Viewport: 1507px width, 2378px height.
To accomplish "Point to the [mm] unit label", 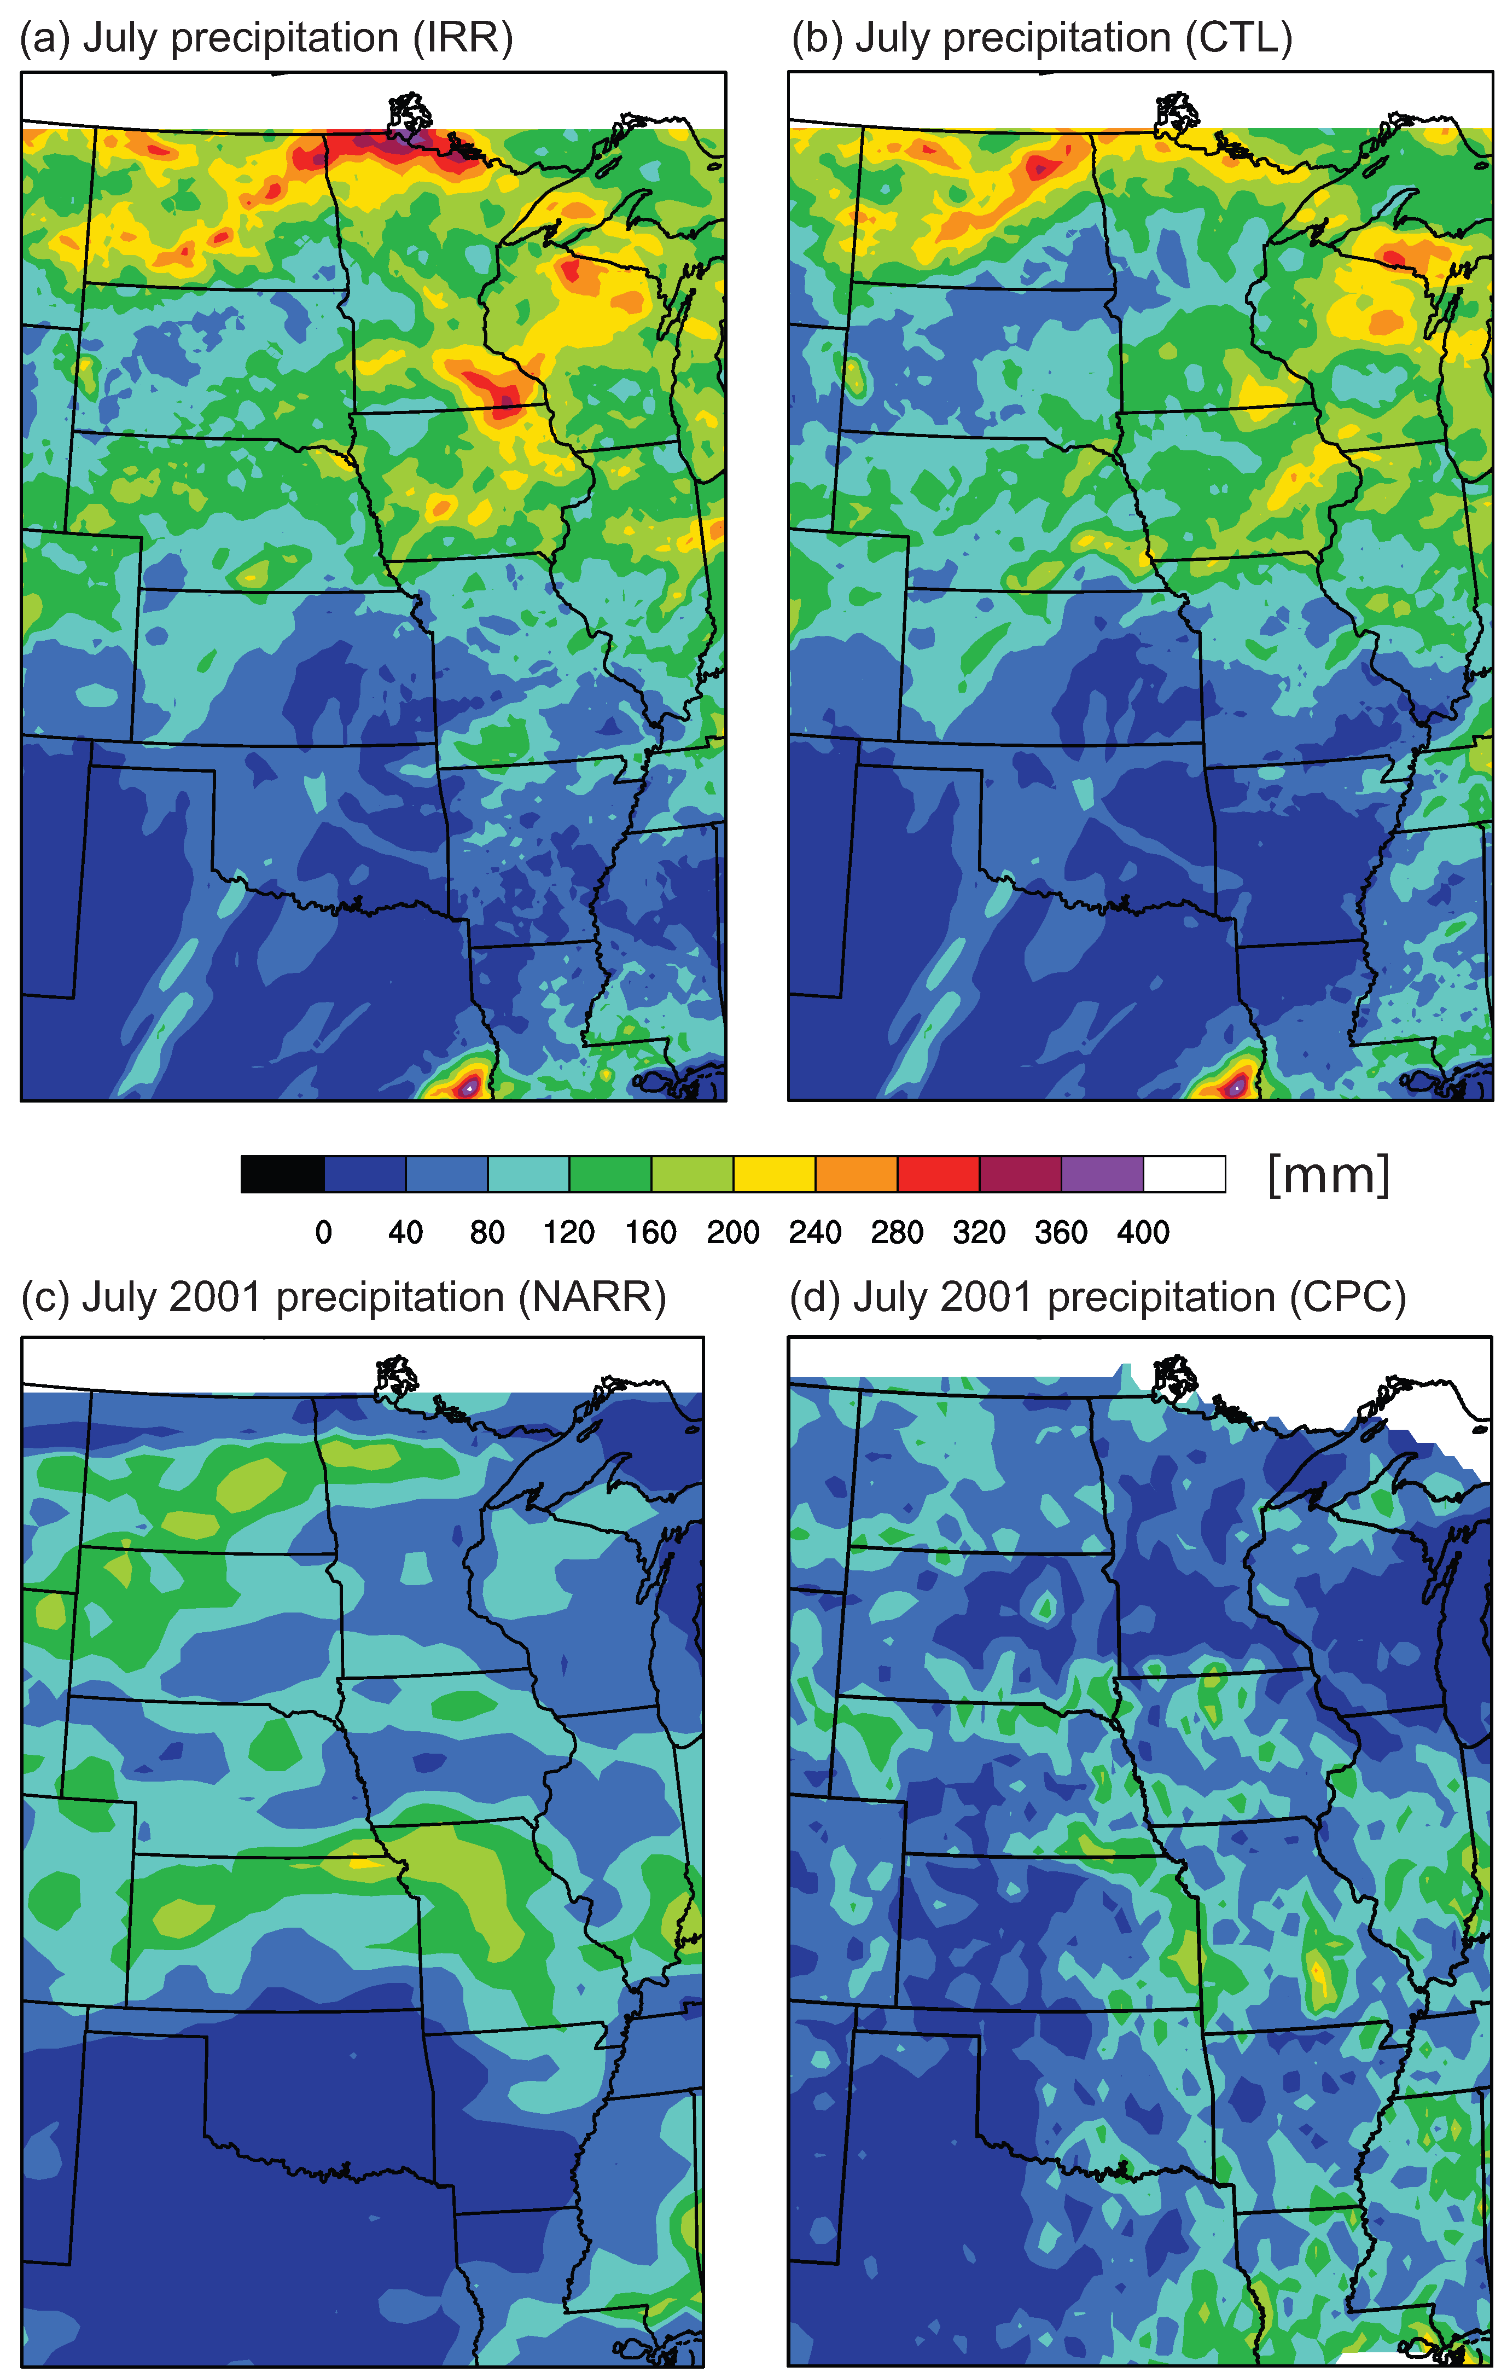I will [1328, 1174].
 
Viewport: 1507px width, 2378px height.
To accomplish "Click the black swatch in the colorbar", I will [282, 1174].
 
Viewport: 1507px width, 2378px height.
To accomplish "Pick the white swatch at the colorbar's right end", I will [1184, 1174].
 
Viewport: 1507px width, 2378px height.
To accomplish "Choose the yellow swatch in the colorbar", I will [774, 1174].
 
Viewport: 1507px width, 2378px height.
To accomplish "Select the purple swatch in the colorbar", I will [1102, 1174].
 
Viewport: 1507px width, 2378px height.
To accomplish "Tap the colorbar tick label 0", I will [323, 1232].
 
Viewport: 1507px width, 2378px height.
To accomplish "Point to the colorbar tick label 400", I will [1143, 1232].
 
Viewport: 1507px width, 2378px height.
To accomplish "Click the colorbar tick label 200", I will [733, 1232].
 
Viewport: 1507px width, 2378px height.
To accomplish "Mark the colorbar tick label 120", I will [569, 1232].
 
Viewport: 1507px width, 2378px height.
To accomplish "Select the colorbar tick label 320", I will [979, 1232].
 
